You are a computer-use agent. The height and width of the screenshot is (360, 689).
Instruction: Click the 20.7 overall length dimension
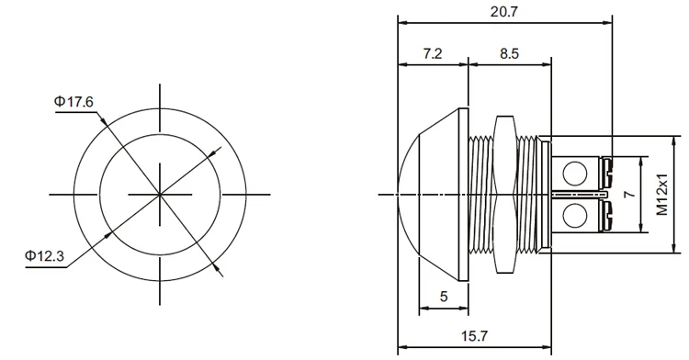click(x=504, y=11)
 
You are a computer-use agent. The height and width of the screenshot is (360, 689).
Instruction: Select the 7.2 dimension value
click(x=433, y=53)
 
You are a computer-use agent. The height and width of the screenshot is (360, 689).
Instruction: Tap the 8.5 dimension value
click(x=509, y=53)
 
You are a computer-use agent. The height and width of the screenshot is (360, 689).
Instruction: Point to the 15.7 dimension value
click(x=474, y=336)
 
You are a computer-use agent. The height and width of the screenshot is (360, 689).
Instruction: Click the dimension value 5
click(x=444, y=297)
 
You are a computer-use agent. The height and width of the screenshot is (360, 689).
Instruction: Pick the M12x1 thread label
click(x=662, y=194)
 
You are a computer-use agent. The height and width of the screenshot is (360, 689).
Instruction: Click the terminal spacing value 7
click(x=630, y=194)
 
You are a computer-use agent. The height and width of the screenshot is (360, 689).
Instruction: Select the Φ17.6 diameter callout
click(x=73, y=102)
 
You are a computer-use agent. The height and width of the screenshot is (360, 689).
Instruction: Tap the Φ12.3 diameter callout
click(x=44, y=255)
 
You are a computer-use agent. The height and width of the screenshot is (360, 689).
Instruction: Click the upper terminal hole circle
click(x=575, y=173)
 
